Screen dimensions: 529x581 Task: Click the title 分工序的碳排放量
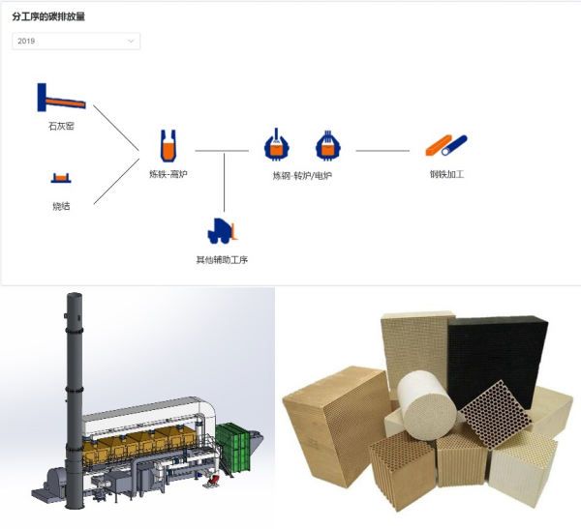(x=47, y=16)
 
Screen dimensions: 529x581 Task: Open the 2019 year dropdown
(x=76, y=42)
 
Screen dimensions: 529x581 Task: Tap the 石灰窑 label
(x=61, y=126)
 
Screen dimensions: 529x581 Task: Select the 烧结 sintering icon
(x=61, y=177)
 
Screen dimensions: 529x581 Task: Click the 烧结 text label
(x=61, y=206)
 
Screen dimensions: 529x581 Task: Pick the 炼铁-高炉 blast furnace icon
(x=168, y=147)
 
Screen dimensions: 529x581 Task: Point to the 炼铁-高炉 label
(x=168, y=175)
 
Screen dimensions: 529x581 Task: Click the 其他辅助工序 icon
(x=223, y=231)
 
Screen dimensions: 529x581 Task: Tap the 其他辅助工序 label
(x=223, y=259)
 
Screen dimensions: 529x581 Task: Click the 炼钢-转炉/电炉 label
(x=302, y=176)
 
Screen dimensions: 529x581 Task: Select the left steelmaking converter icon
(x=278, y=145)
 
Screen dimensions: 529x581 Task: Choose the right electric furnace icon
(x=328, y=145)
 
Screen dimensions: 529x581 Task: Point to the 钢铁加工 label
(x=446, y=175)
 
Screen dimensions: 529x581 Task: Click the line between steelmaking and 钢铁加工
(x=382, y=151)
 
